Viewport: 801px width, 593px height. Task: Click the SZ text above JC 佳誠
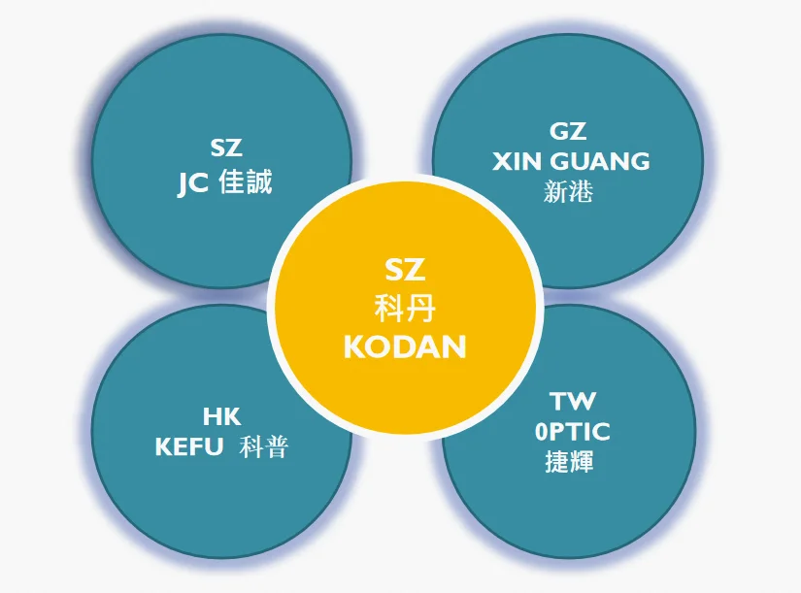tap(225, 148)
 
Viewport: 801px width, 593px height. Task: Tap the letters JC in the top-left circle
tap(192, 182)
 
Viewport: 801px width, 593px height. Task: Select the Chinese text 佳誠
tap(247, 181)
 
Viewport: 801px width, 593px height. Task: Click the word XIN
tap(516, 160)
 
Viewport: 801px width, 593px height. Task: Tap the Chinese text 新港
tap(568, 191)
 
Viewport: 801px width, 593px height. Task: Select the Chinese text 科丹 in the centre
tap(405, 311)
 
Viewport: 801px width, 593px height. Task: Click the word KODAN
tap(405, 346)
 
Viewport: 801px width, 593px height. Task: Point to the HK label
tap(221, 417)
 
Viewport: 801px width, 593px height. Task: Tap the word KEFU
tap(189, 446)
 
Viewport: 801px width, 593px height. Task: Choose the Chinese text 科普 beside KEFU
tap(263, 446)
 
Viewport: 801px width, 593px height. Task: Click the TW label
tap(573, 401)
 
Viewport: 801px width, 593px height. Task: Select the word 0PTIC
tap(573, 432)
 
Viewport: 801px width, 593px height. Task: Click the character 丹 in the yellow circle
tap(421, 311)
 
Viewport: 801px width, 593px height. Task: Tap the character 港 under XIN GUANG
tap(581, 191)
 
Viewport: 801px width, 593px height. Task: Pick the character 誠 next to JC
tap(259, 181)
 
